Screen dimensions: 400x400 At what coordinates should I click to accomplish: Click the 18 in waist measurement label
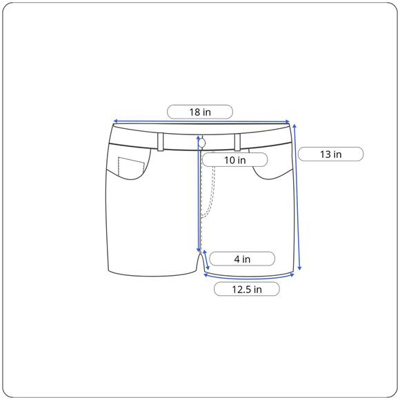click(200, 112)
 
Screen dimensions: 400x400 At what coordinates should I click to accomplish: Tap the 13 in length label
click(330, 154)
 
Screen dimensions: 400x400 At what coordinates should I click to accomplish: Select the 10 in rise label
click(234, 160)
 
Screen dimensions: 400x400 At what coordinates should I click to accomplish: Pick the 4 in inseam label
click(242, 259)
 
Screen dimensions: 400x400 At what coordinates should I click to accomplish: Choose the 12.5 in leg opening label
click(247, 289)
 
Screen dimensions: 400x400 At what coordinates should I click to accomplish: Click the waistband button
click(202, 143)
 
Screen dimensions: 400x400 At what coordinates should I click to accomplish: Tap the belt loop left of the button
click(161, 142)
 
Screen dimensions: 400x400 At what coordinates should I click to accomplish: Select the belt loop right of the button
click(237, 142)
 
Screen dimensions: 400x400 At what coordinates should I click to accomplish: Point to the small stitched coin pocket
click(131, 166)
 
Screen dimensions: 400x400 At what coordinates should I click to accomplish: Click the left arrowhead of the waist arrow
click(115, 121)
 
